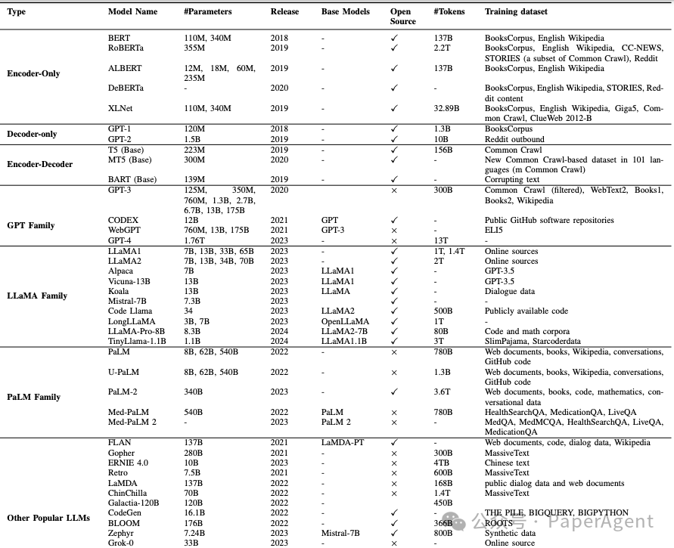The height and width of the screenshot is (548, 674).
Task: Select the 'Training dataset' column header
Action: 516,12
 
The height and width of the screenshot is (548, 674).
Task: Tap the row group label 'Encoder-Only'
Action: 33,74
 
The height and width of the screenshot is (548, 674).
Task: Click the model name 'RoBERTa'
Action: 126,47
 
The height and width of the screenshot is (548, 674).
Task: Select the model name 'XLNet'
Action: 121,109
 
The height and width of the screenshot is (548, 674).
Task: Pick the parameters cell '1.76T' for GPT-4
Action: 196,240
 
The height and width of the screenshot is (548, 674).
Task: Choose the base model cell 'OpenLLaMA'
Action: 344,321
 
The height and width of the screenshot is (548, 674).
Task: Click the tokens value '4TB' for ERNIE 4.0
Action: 442,463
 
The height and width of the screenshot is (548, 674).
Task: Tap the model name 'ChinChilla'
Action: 129,494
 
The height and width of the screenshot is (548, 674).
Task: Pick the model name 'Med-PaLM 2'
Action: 132,422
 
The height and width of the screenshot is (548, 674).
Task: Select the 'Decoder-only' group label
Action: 33,135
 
